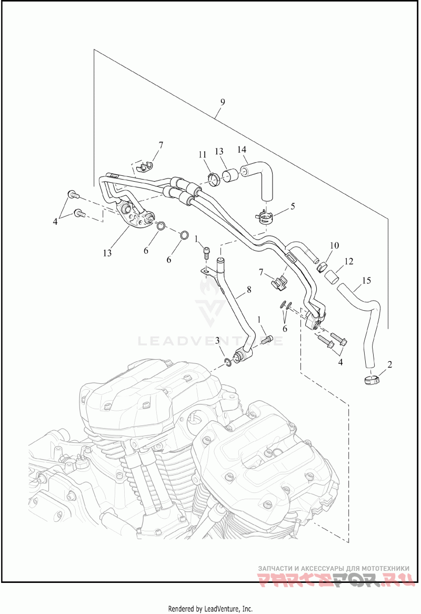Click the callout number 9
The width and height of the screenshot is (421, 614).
[x=222, y=102]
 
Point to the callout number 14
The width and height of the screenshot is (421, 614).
[x=242, y=150]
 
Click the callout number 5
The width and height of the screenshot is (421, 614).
[x=293, y=205]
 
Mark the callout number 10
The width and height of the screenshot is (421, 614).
[x=335, y=245]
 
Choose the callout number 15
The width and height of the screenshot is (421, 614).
[x=367, y=281]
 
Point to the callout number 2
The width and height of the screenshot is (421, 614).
[x=390, y=364]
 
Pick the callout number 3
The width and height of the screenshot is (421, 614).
[x=217, y=341]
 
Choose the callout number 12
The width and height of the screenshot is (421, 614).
[x=348, y=261]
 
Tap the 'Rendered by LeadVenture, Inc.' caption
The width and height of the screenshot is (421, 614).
[x=210, y=609]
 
